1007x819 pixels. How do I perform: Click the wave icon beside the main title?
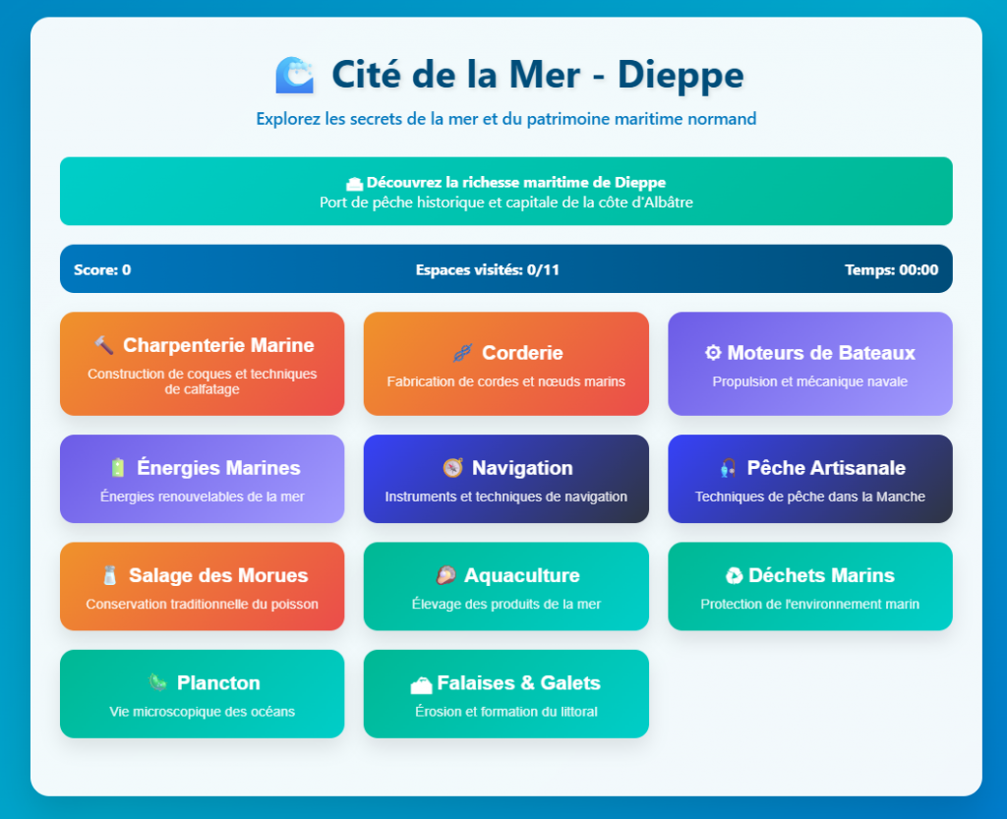pyautogui.click(x=295, y=75)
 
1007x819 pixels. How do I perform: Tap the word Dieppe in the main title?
pyautogui.click(x=681, y=75)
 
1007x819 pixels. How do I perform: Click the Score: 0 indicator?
pyautogui.click(x=102, y=269)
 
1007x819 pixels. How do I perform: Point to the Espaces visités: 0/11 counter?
pyautogui.click(x=488, y=269)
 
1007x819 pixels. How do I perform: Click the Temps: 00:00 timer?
pyautogui.click(x=891, y=269)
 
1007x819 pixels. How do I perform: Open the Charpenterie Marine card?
pyautogui.click(x=203, y=364)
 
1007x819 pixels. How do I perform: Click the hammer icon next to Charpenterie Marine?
pyautogui.click(x=104, y=345)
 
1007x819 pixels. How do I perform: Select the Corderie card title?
pyautogui.click(x=522, y=352)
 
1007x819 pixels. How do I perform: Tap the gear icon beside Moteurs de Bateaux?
pyautogui.click(x=713, y=352)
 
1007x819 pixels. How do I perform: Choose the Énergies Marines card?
pyautogui.click(x=203, y=479)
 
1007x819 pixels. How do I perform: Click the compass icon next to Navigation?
pyautogui.click(x=452, y=468)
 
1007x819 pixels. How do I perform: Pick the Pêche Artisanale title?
pyautogui.click(x=826, y=468)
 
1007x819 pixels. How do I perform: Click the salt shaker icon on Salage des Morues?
pyautogui.click(x=110, y=575)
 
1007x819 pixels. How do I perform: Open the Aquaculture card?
pyautogui.click(x=506, y=586)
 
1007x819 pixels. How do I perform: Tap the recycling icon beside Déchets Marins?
pyautogui.click(x=734, y=576)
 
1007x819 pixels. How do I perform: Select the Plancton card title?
pyautogui.click(x=218, y=683)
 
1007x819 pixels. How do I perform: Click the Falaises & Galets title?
pyautogui.click(x=518, y=683)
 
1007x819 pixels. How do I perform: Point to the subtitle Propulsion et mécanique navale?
pyautogui.click(x=810, y=381)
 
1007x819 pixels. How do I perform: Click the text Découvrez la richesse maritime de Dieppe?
pyautogui.click(x=515, y=182)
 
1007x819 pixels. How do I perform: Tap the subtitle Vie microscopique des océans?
pyautogui.click(x=203, y=711)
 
